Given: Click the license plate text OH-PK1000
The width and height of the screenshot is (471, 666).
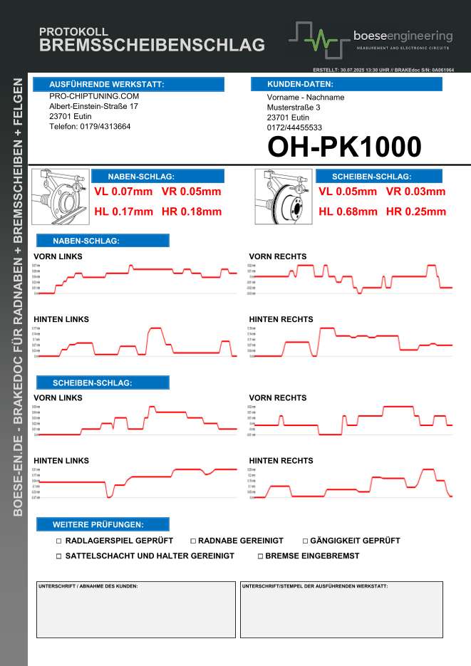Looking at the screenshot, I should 344,147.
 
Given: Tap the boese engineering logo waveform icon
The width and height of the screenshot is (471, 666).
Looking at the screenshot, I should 319,40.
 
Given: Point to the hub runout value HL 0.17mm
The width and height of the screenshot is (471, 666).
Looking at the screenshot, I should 124,212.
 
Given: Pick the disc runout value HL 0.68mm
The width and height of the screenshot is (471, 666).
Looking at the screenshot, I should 348,212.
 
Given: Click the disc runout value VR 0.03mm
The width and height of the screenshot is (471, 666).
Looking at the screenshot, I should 415,192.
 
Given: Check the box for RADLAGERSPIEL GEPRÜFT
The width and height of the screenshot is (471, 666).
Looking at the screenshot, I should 59,541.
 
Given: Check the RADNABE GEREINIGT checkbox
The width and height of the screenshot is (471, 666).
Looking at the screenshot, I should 192,541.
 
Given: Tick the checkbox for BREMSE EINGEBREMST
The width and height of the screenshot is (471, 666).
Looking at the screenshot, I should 260,556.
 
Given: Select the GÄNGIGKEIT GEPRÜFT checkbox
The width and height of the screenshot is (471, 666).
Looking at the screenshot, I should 305,541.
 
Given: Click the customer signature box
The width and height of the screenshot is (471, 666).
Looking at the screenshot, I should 135,610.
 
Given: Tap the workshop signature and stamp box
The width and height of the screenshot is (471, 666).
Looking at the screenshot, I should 341,610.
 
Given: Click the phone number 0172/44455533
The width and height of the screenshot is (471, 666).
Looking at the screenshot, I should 295,128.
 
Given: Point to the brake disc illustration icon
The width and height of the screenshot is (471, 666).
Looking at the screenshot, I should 283,196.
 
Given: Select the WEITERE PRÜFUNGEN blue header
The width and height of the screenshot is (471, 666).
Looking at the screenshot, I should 103,524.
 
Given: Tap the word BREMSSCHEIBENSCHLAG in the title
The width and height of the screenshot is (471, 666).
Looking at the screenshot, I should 152,46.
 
